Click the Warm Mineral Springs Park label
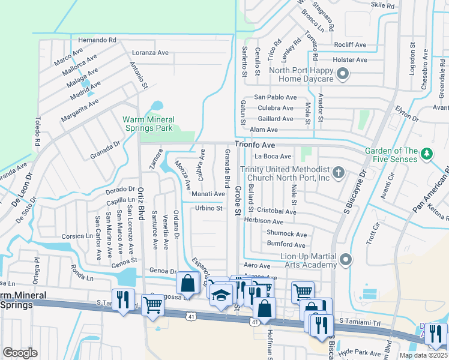click(x=148, y=124)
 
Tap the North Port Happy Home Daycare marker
click(x=342, y=75)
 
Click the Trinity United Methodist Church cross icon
click(x=339, y=173)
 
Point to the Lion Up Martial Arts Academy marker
click(x=345, y=260)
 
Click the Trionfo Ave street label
click(x=255, y=145)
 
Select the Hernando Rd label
click(x=97, y=40)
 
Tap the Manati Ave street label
click(x=208, y=194)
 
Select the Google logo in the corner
click(x=20, y=352)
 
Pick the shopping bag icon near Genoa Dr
click(x=187, y=283)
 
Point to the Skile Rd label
click(x=382, y=5)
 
